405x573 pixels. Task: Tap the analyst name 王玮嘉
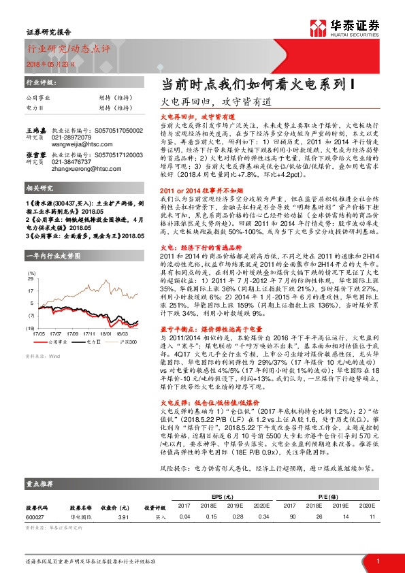click(x=36, y=129)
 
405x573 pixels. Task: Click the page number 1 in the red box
click(x=376, y=560)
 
